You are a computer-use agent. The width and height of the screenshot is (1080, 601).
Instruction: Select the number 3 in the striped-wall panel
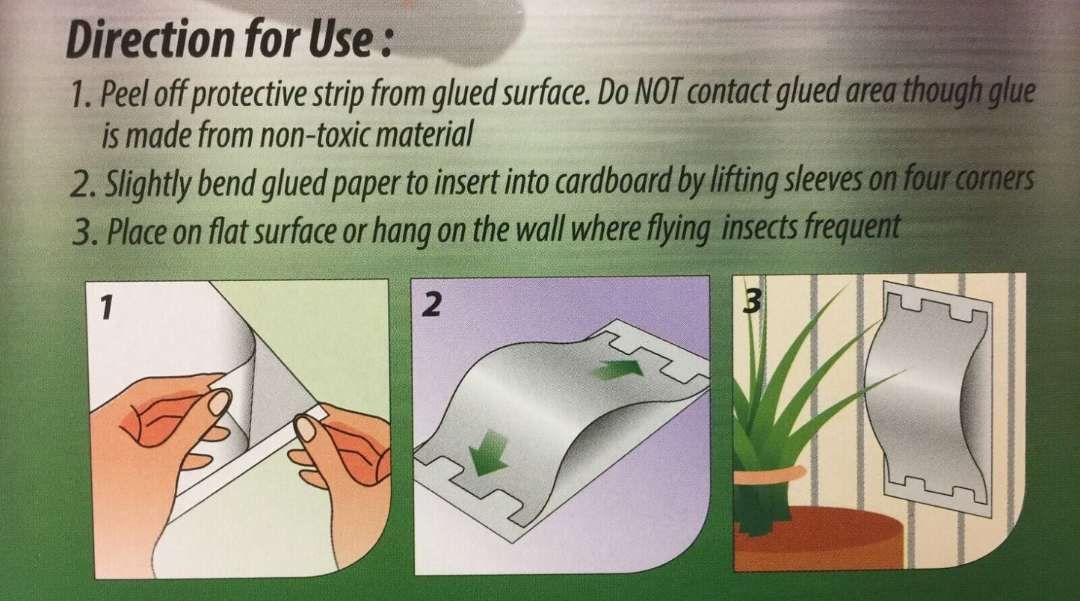752,303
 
